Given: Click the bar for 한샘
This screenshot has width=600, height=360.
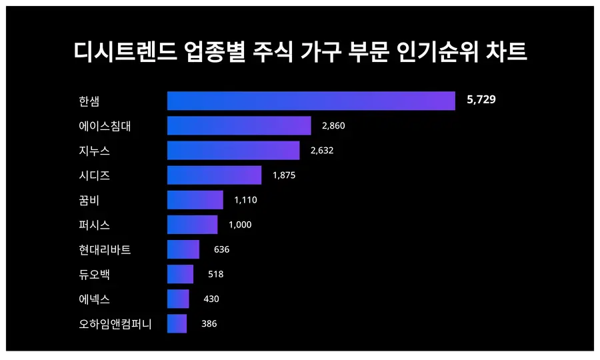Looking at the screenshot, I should pyautogui.click(x=311, y=101).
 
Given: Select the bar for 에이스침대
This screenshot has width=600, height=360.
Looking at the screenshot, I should pyautogui.click(x=239, y=125).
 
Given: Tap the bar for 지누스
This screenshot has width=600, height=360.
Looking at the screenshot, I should pyautogui.click(x=233, y=151).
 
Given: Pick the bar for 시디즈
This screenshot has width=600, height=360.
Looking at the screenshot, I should pyautogui.click(x=214, y=175).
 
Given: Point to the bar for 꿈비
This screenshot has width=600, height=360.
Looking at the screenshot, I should pyautogui.click(x=195, y=200).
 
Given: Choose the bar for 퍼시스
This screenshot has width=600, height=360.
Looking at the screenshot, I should pyautogui.click(x=192, y=225).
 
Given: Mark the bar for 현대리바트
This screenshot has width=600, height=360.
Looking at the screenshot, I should pyautogui.click(x=183, y=249).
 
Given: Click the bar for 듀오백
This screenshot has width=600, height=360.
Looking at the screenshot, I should pyautogui.click(x=180, y=274).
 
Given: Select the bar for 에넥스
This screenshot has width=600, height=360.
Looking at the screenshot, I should pyautogui.click(x=178, y=299).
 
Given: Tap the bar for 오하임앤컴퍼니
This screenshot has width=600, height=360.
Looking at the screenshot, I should pyautogui.click(x=177, y=323).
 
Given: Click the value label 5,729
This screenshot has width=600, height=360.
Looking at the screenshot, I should pyautogui.click(x=481, y=100).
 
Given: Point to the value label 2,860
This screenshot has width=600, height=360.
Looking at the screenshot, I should pyautogui.click(x=333, y=125).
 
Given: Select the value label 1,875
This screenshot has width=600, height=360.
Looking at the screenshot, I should pyautogui.click(x=283, y=175).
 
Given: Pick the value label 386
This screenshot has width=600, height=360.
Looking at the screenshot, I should pyautogui.click(x=209, y=323).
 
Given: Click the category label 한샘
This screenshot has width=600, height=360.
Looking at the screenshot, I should pyautogui.click(x=89, y=101).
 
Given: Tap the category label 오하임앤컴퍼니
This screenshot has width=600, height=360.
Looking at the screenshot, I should pyautogui.click(x=115, y=324).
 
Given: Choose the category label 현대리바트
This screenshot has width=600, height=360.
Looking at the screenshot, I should pyautogui.click(x=104, y=250).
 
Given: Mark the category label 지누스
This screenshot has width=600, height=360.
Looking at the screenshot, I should pyautogui.click(x=94, y=151).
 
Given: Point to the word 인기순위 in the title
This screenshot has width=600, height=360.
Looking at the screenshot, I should pyautogui.click(x=432, y=52).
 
